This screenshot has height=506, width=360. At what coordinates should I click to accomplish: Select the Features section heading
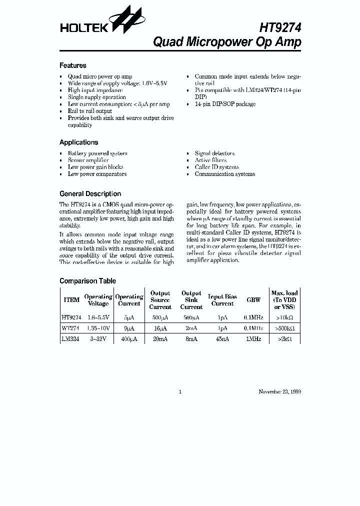click(x=73, y=65)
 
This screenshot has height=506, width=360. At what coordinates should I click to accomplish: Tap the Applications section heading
click(x=79, y=142)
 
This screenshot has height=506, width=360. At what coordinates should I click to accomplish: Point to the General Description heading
click(x=90, y=194)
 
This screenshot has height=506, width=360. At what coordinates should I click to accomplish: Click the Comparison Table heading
click(x=87, y=281)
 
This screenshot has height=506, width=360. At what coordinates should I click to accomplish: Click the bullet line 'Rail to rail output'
click(x=90, y=111)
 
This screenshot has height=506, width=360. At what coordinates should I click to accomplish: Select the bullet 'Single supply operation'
click(x=97, y=97)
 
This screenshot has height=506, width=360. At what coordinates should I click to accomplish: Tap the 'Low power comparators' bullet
click(x=97, y=174)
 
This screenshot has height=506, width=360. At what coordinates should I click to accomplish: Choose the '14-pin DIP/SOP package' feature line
click(x=225, y=104)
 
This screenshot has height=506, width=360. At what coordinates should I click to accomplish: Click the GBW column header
click(x=253, y=300)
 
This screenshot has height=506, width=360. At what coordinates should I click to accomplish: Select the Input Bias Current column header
click(x=222, y=300)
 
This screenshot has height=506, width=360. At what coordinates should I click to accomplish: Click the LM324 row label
click(x=70, y=338)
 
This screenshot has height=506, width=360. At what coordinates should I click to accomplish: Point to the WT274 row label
click(x=70, y=328)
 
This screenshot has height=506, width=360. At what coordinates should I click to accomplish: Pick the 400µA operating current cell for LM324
click(x=129, y=338)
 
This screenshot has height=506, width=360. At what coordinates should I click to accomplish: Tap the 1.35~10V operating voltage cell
click(x=98, y=328)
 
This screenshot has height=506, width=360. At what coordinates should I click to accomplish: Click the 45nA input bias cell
click(x=222, y=338)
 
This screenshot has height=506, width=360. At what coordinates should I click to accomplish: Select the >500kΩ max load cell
click(x=284, y=328)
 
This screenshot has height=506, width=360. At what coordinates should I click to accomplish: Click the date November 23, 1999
click(x=279, y=392)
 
